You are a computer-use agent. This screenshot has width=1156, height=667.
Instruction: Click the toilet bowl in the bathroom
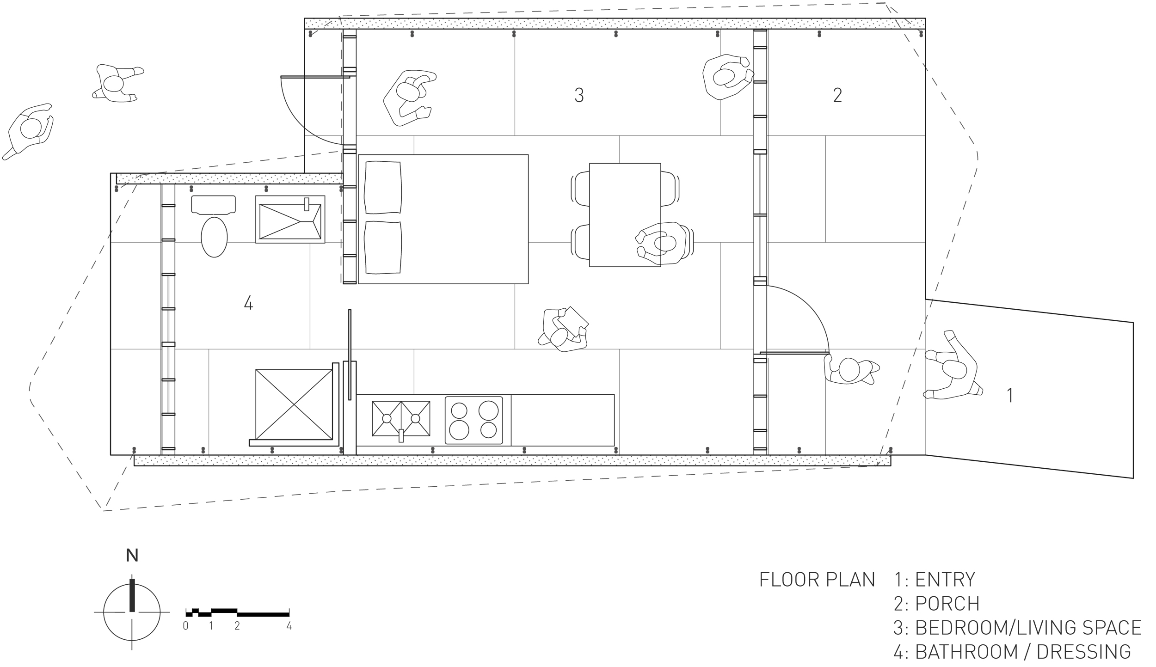click(214, 237)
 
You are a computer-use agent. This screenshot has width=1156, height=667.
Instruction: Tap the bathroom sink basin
click(290, 219)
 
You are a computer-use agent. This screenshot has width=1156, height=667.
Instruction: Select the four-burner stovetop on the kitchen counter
click(474, 420)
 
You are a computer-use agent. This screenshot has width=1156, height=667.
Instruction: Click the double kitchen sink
click(401, 418)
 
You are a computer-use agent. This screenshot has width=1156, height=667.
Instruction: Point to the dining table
click(625, 215)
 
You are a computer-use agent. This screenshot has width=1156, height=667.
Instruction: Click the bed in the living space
click(443, 219)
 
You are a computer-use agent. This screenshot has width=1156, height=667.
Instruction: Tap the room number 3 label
click(579, 95)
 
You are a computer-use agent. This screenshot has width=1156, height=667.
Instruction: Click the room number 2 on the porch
click(837, 95)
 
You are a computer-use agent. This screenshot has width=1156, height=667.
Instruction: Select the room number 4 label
click(248, 303)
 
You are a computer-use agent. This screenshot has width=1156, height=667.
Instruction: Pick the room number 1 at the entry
click(1010, 396)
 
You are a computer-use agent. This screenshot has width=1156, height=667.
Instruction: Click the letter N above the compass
click(132, 555)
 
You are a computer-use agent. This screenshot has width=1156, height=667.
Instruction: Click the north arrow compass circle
click(132, 612)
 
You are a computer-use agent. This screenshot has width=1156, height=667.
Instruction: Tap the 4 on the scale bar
click(289, 626)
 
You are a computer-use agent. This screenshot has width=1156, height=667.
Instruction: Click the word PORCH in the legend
click(947, 603)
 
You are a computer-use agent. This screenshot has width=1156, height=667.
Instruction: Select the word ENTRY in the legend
click(945, 579)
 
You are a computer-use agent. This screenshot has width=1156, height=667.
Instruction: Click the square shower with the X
click(294, 404)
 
